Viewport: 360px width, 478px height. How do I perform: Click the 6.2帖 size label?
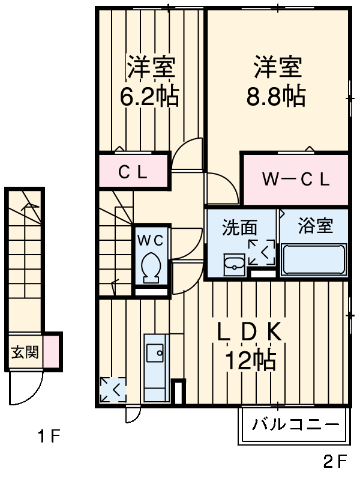point(149,96)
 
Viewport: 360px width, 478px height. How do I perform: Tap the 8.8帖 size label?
point(275,96)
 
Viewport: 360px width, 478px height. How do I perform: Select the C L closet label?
point(132,173)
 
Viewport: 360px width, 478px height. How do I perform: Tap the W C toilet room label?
point(151,240)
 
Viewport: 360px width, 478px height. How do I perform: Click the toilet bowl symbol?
point(151,267)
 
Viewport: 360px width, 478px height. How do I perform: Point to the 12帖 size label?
point(250,360)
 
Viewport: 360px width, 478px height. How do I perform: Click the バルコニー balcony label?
point(295,426)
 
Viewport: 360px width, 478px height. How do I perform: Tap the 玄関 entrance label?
point(25,352)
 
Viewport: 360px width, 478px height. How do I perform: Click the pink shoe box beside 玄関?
point(51,352)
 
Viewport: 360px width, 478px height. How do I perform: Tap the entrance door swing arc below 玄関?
point(27,390)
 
